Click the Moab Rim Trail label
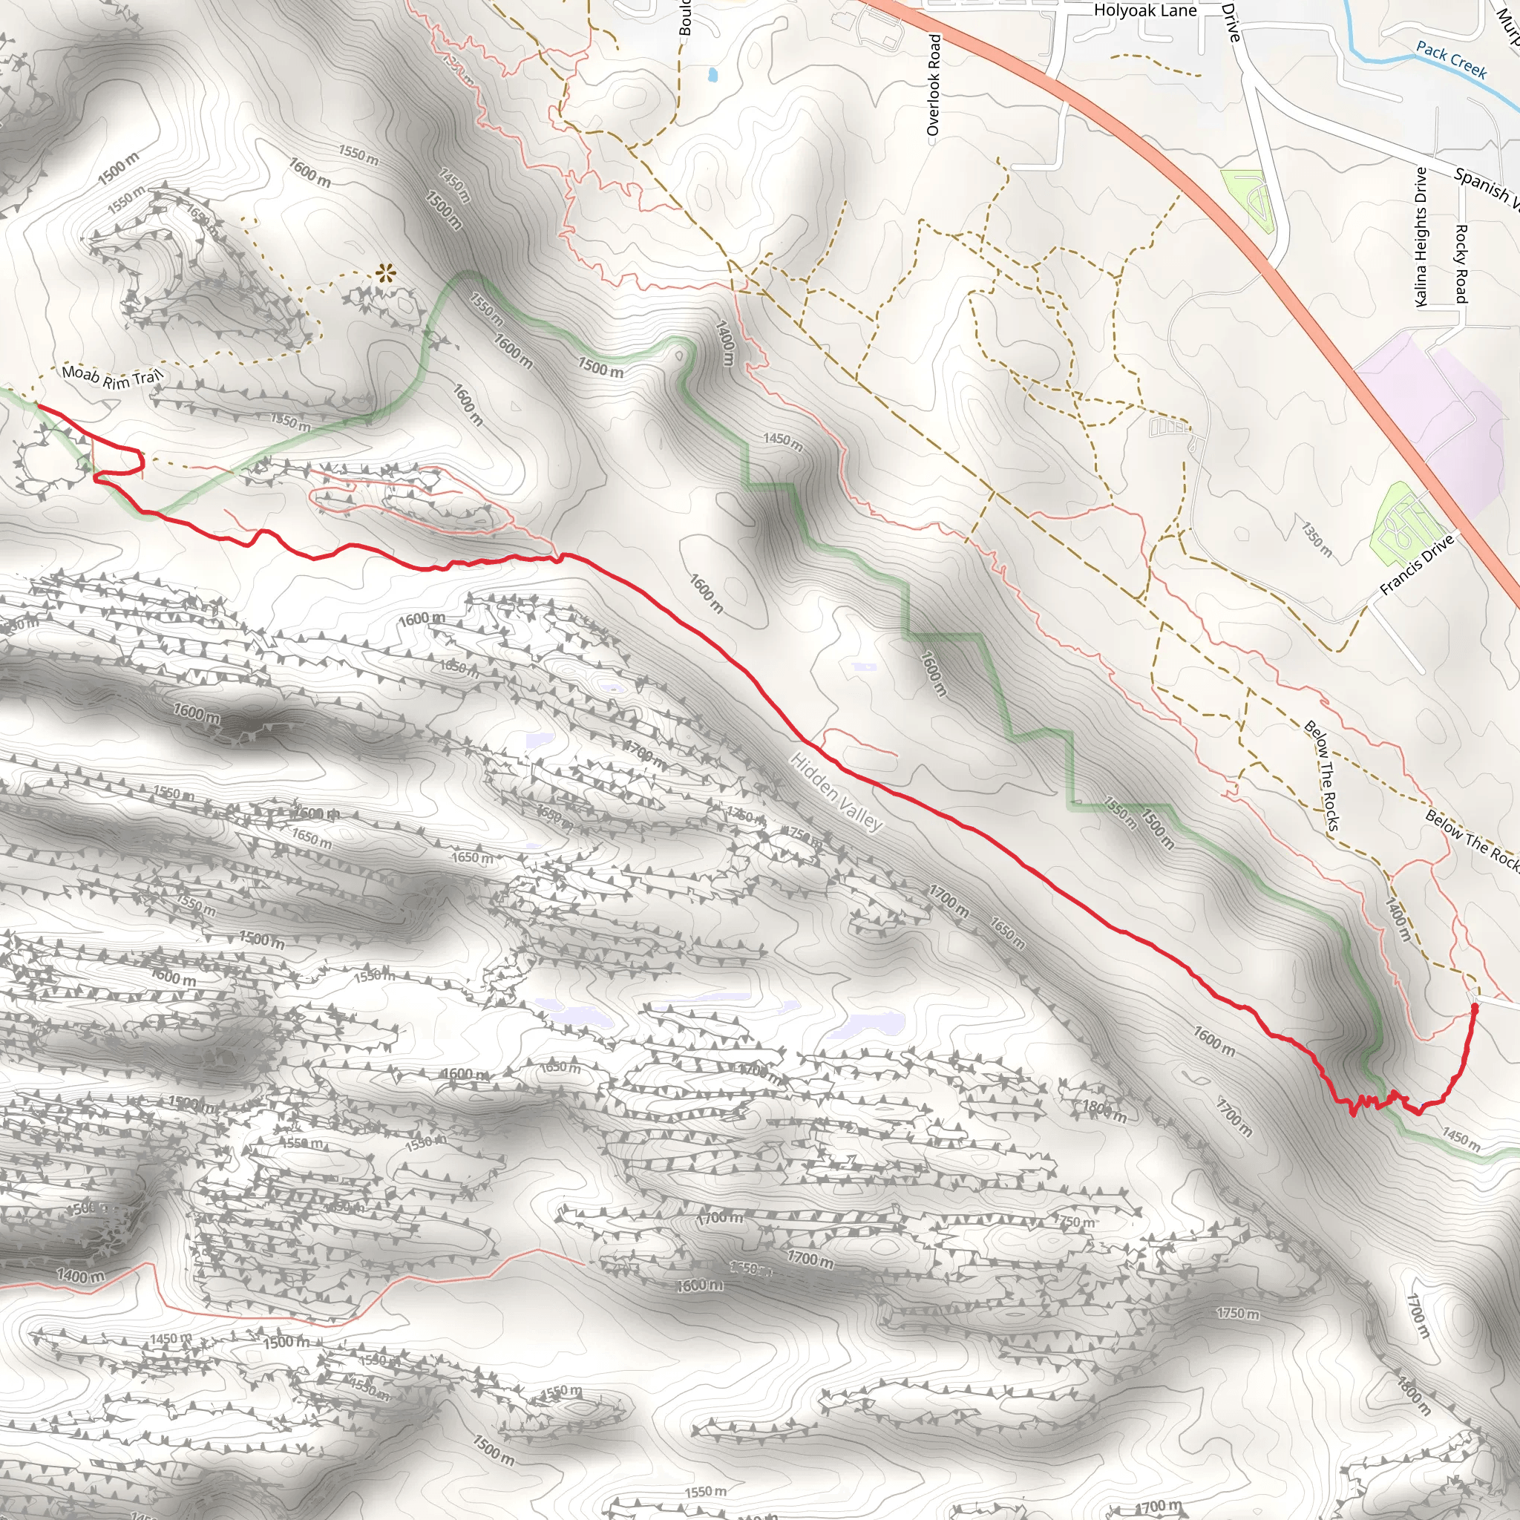tap(112, 377)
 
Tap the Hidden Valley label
tap(836, 791)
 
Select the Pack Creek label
tap(1451, 60)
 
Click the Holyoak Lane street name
tap(1144, 11)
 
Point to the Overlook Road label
tap(934, 85)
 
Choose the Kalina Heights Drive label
tap(1421, 236)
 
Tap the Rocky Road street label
tap(1461, 263)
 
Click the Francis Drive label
tap(1417, 565)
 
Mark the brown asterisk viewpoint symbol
tap(384, 274)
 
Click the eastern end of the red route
tap(1475, 1006)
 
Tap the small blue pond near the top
tap(712, 76)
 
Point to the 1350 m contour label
tap(1315, 540)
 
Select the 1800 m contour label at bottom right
tap(1413, 1395)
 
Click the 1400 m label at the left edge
tap(79, 1275)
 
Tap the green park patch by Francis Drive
tap(1404, 522)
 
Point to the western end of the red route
tap(37, 406)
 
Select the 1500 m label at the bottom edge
tap(494, 1449)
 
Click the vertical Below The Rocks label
tap(1322, 775)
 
